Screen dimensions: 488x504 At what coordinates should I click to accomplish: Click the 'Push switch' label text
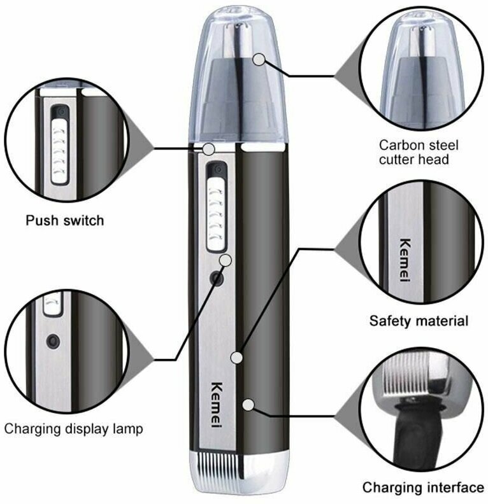(x=64, y=220)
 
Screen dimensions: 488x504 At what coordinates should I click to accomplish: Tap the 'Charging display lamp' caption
(x=73, y=428)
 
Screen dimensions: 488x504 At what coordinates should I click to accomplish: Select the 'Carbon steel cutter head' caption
(x=418, y=151)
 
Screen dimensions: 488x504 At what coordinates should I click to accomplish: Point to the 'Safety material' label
(x=418, y=321)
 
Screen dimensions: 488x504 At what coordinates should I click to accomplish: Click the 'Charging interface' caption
(x=423, y=487)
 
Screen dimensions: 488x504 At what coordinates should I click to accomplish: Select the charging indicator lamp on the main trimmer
(x=218, y=279)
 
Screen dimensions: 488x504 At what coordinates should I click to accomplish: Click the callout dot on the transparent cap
(x=259, y=59)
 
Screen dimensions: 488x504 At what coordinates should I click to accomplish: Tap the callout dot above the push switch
(x=208, y=149)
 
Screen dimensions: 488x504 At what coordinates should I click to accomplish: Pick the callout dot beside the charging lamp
(x=226, y=260)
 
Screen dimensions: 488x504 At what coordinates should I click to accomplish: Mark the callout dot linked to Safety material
(x=236, y=358)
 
